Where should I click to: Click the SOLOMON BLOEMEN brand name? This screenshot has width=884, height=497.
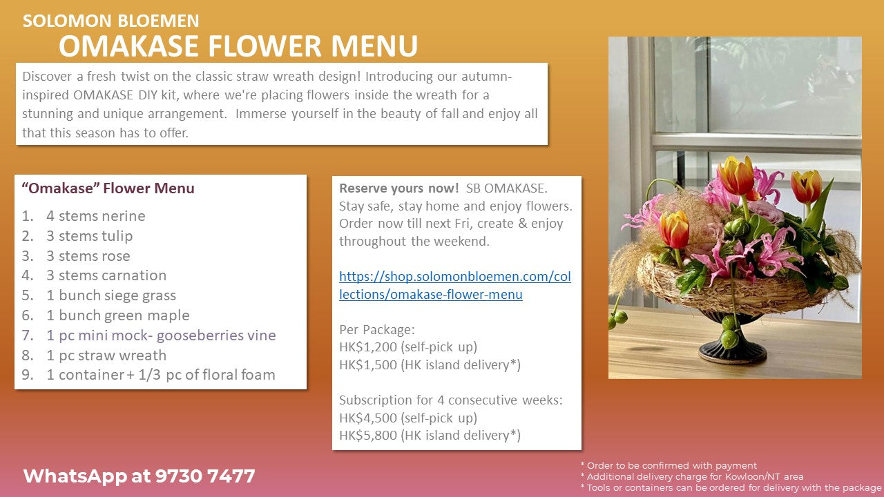pos(111,21)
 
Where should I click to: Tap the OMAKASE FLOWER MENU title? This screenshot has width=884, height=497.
pos(238,46)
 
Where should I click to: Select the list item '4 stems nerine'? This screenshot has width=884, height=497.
pos(96,216)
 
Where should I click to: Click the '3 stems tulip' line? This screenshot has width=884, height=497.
pos(90,236)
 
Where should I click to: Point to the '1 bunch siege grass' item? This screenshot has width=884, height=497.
pos(111,295)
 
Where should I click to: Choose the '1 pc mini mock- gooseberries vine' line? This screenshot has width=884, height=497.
pos(161,335)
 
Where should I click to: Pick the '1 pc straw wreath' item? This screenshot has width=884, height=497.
pos(106,355)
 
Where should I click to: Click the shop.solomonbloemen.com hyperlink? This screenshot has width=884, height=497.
pos(455,285)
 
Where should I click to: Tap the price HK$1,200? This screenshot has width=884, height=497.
pos(368,347)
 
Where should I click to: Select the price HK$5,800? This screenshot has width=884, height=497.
pos(368,435)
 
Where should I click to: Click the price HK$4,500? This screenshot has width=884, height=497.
pos(368,418)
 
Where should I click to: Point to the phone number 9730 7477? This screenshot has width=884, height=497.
pos(205,476)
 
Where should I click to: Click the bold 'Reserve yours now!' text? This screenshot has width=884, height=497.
pos(399,188)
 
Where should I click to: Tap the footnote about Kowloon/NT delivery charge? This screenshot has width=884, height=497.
pos(692,476)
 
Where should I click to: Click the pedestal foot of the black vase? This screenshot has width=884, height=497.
pos(733,352)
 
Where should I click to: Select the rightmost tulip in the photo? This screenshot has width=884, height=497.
pos(806,186)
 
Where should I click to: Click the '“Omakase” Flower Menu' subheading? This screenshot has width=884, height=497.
pos(108,188)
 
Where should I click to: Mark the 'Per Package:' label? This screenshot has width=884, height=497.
pos(377,329)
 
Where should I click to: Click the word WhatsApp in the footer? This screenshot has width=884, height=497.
pos(75,476)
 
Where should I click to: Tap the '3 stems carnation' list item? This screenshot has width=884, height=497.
pos(106,275)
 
